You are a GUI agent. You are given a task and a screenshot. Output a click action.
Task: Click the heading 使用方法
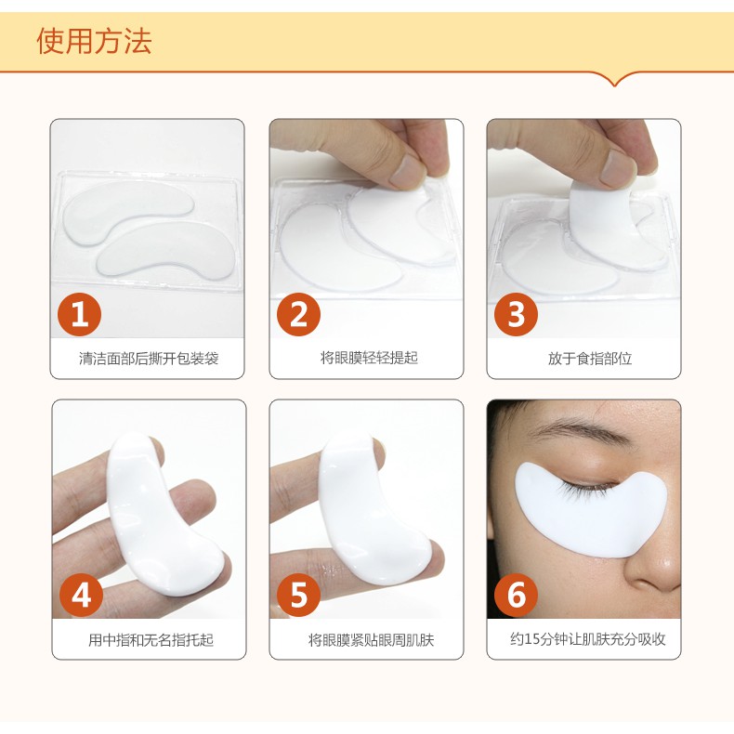coord(94,41)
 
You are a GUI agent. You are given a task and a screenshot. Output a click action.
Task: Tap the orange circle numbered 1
coord(80,314)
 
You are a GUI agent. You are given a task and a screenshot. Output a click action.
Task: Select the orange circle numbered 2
coord(298,314)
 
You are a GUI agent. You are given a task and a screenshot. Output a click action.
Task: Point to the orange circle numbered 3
coord(517,314)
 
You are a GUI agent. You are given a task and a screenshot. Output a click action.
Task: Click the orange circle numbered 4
coord(82,595)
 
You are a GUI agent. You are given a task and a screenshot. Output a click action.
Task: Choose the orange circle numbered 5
coord(298,595)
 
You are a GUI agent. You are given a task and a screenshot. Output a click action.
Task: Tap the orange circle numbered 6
coord(517,595)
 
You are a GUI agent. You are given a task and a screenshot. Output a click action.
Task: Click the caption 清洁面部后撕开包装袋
coord(149,359)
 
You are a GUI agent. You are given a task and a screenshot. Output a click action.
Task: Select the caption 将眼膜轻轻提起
coord(369,358)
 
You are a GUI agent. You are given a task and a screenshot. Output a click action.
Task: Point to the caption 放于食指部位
coord(590,359)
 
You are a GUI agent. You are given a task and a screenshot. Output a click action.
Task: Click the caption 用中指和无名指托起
coord(151,639)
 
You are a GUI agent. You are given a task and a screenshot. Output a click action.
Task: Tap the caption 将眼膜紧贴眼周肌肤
coord(371,639)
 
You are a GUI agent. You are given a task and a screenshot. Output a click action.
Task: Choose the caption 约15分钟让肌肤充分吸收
coord(588,639)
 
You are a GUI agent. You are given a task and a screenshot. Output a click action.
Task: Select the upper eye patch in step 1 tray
coord(129,211)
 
